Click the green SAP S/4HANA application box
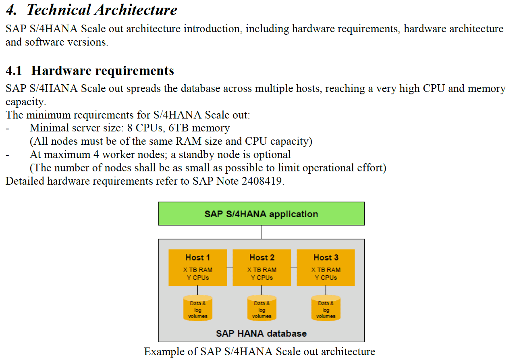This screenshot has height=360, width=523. [x=261, y=214]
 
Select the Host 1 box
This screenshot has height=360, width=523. [x=198, y=268]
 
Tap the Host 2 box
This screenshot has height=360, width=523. [x=262, y=268]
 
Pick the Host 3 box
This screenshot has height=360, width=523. [x=326, y=268]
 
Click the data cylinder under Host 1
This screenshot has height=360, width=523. [x=198, y=308]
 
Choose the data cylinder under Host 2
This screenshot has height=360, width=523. [x=262, y=308]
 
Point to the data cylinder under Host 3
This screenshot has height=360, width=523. [x=326, y=308]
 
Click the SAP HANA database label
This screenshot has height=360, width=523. [x=261, y=333]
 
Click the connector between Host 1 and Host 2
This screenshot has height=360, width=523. [x=230, y=268]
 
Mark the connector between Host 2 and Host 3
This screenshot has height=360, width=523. [x=294, y=268]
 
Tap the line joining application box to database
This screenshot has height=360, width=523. [x=261, y=232]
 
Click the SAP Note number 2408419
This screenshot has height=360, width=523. [x=261, y=181]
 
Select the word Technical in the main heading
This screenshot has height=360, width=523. [x=58, y=10]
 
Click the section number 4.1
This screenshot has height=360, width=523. [x=14, y=71]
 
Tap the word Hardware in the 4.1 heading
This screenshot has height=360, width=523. [x=61, y=71]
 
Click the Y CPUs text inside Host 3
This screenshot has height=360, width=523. [x=326, y=277]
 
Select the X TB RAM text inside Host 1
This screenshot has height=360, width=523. [x=198, y=270]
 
